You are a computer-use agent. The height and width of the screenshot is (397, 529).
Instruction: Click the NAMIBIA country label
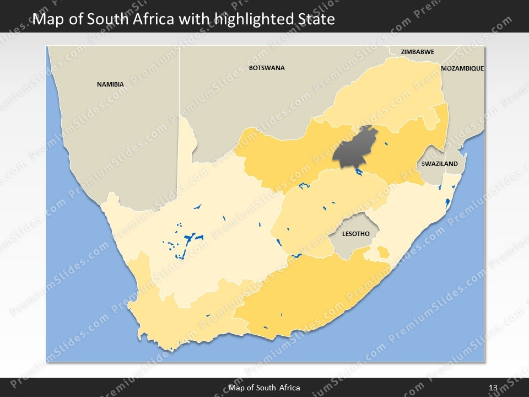click(x=110, y=84)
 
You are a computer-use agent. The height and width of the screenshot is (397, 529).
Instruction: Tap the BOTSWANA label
click(x=267, y=68)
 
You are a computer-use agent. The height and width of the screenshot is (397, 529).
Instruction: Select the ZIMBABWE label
click(x=417, y=52)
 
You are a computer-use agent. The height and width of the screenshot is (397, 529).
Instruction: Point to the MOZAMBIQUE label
click(x=462, y=68)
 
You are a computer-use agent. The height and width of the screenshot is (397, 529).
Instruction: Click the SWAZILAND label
click(x=439, y=164)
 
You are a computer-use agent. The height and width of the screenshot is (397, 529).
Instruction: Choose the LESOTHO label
click(x=355, y=234)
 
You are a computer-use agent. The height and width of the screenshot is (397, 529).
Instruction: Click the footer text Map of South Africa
click(x=264, y=388)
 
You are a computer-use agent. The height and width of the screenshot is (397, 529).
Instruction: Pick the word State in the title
click(x=314, y=20)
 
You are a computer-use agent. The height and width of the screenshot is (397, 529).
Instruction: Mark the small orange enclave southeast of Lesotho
click(x=382, y=253)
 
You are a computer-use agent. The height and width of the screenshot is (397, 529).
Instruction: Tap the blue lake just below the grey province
click(x=359, y=173)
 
